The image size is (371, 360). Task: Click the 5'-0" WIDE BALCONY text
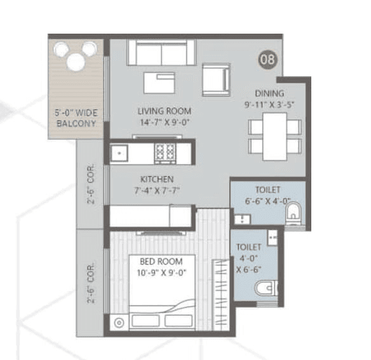click(x=76, y=119)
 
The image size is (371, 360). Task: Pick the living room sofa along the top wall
click(x=161, y=53)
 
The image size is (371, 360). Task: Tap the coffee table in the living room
click(x=159, y=83)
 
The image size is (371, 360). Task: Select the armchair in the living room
click(x=215, y=79)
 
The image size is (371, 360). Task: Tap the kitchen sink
click(x=119, y=152)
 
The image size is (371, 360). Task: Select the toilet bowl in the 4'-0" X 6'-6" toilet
click(x=265, y=290)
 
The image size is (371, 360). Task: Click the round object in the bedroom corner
click(x=119, y=322)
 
